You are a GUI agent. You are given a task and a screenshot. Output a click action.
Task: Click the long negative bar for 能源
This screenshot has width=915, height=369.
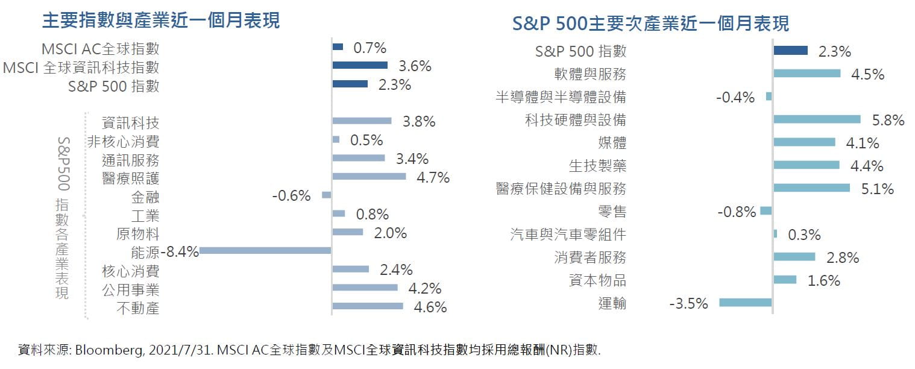click(x=265, y=250)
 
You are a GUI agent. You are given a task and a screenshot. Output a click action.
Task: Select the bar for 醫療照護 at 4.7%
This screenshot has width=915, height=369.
click(x=369, y=177)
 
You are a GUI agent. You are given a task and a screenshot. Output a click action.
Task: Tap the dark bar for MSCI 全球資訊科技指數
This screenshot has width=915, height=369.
click(x=360, y=65)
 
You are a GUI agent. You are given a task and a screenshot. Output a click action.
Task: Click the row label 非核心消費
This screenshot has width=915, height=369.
click(x=124, y=141)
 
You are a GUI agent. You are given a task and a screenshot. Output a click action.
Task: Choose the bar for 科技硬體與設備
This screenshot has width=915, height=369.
click(x=817, y=119)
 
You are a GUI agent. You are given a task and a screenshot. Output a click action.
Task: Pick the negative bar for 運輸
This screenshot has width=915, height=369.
click(x=746, y=303)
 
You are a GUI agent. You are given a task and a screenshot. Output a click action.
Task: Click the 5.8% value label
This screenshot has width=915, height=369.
click(x=888, y=121)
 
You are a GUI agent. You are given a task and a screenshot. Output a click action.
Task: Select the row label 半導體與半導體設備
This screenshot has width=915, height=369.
click(x=561, y=97)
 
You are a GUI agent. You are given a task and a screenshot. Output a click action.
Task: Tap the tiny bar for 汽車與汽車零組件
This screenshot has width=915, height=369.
click(x=775, y=233)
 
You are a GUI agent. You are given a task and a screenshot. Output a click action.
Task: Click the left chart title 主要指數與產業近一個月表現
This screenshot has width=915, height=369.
click(x=161, y=21)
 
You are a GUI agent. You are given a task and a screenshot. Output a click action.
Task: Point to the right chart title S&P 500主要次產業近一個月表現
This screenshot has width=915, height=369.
click(x=650, y=24)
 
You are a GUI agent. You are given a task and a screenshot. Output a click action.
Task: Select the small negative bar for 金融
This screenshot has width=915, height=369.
click(x=327, y=195)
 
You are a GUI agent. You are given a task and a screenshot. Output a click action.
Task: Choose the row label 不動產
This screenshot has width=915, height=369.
click(x=138, y=309)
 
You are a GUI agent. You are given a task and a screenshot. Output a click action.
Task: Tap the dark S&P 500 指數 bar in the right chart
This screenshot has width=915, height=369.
click(x=790, y=51)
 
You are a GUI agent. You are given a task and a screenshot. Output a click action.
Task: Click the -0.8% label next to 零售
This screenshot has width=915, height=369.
click(x=737, y=212)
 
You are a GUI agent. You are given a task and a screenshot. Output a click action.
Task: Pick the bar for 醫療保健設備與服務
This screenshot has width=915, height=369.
click(x=811, y=188)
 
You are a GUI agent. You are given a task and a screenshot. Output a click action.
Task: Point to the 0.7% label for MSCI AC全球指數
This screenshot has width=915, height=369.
click(x=369, y=48)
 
